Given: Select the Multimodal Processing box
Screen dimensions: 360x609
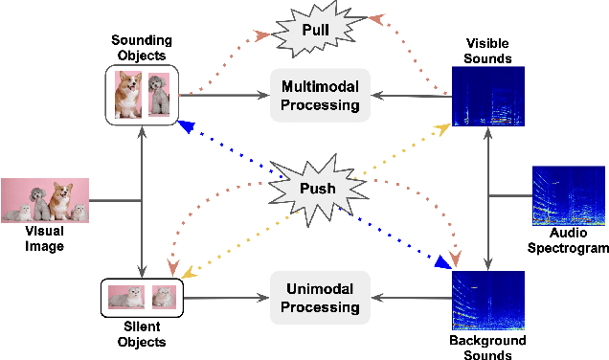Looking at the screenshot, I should pyautogui.click(x=319, y=95).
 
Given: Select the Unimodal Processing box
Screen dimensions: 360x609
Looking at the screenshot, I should pyautogui.click(x=319, y=299).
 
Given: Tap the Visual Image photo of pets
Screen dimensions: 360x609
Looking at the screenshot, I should pyautogui.click(x=45, y=201).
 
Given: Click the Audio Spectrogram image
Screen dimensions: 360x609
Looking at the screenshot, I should pyautogui.click(x=569, y=197).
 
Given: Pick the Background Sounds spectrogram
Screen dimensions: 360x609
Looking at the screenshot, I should pyautogui.click(x=488, y=300).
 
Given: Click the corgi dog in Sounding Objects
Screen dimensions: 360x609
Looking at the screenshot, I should pyautogui.click(x=128, y=96).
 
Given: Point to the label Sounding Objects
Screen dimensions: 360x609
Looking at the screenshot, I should pyautogui.click(x=141, y=48).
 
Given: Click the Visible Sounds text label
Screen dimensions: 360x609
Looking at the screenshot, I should pyautogui.click(x=488, y=50).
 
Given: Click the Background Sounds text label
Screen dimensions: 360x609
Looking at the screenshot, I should pyautogui.click(x=487, y=348).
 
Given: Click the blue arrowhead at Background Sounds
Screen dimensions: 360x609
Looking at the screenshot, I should pyautogui.click(x=442, y=261).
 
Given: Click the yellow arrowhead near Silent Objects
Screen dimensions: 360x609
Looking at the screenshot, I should pyautogui.click(x=190, y=273).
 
